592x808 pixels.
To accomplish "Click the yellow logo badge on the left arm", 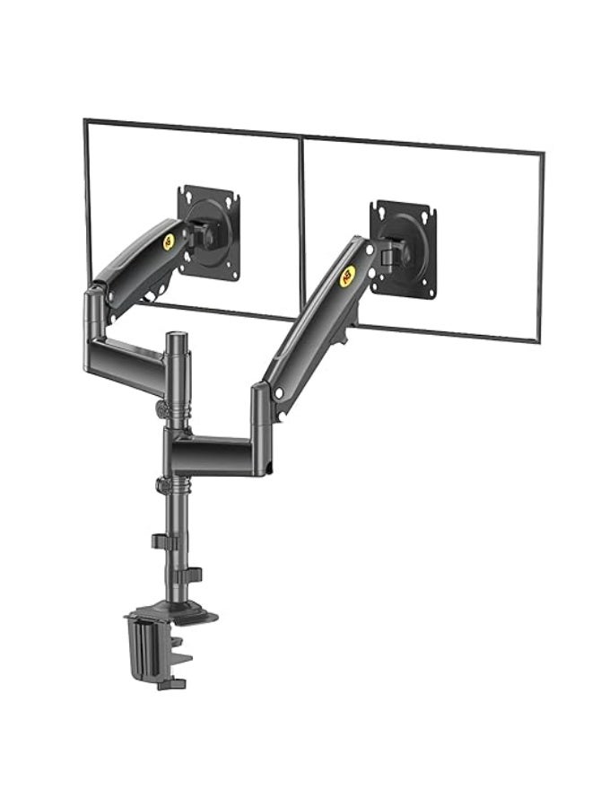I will pyautogui.click(x=169, y=241).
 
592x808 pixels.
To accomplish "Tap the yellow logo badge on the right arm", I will pyautogui.click(x=348, y=275).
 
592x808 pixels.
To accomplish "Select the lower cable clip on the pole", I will pyautogui.click(x=192, y=575).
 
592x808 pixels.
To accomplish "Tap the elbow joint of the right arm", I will pyautogui.click(x=261, y=400).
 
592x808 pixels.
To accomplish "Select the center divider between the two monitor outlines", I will pyautogui.click(x=300, y=224).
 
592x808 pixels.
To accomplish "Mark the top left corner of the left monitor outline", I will pyautogui.click(x=85, y=120).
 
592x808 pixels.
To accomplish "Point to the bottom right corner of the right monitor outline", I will pyautogui.click(x=537, y=341).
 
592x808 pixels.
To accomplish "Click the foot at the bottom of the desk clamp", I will pyautogui.click(x=170, y=684).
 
